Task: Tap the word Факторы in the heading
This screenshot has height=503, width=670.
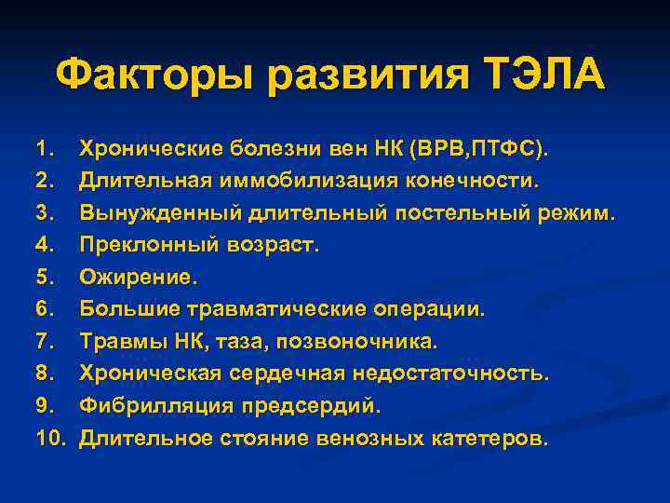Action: tap(155, 75)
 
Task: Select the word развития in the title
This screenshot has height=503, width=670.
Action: tap(357, 75)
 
